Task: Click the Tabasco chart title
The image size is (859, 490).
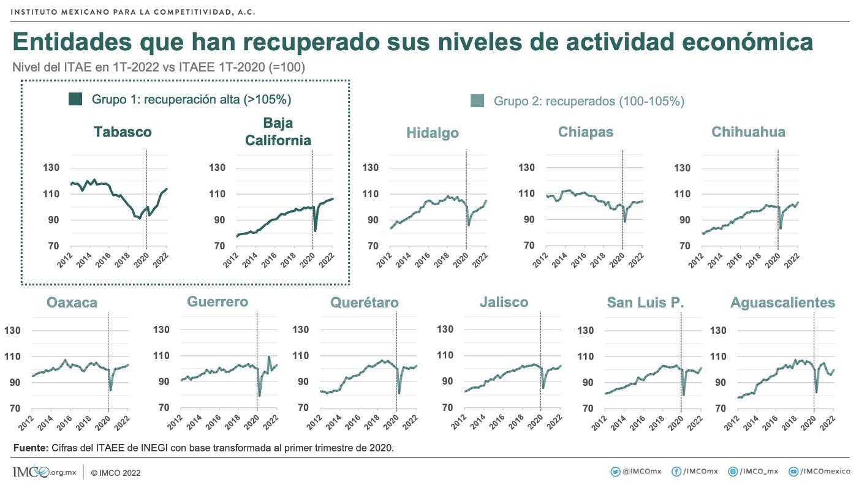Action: [123, 132]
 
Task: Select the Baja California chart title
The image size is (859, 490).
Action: [278, 132]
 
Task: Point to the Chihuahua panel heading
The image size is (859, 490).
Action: [748, 132]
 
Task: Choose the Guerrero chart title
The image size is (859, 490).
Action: [218, 301]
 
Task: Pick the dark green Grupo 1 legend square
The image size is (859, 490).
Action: [75, 99]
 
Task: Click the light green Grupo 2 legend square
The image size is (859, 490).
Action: [478, 101]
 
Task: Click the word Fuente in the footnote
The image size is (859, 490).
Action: [30, 448]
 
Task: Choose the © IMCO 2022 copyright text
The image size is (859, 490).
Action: [116, 473]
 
